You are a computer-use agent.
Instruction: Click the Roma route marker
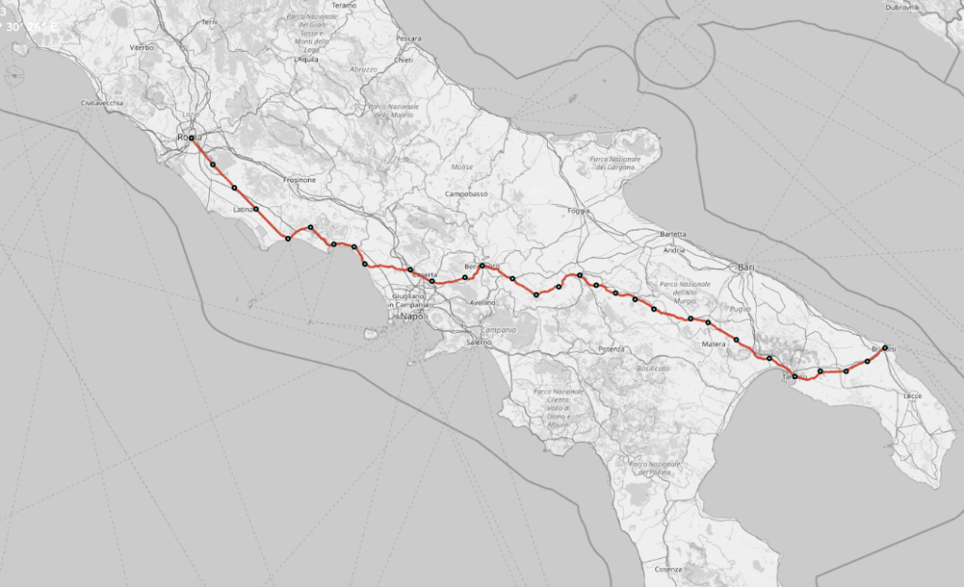(191, 138)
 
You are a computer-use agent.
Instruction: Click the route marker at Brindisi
(885, 348)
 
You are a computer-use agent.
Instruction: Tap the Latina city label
(244, 210)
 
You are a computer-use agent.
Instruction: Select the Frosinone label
(299, 180)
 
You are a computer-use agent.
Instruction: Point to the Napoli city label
(413, 317)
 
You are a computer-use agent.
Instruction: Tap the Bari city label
(748, 266)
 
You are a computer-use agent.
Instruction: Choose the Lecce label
(911, 396)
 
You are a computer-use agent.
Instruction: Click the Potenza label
(611, 349)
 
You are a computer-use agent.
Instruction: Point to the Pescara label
(409, 39)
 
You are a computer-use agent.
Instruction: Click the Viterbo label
(142, 46)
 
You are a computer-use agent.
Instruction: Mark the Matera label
(712, 345)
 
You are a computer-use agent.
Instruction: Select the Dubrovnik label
(901, 7)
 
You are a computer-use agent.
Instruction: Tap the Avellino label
(483, 303)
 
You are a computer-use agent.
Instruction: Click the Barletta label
(673, 233)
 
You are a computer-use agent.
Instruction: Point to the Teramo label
(344, 6)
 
